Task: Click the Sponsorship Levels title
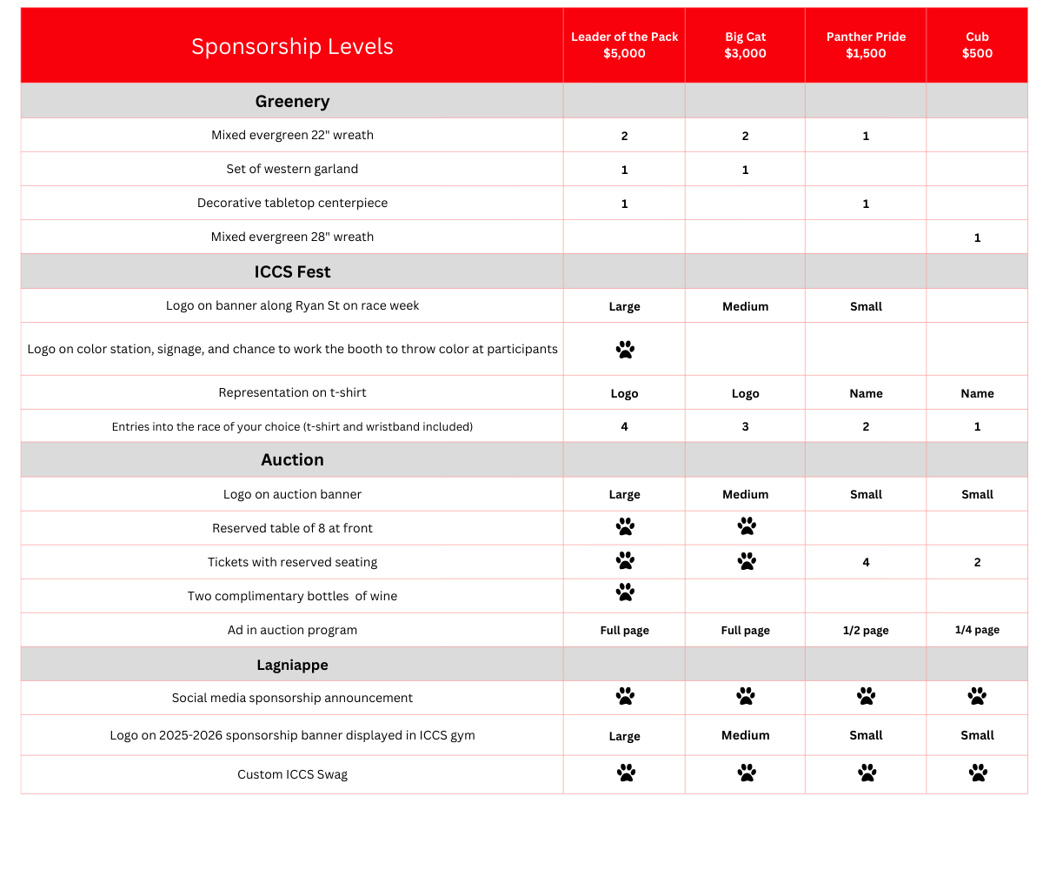292,46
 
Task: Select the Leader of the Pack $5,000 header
624,45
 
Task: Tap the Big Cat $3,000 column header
745,45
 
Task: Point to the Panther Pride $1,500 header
866,45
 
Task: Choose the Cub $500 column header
977,45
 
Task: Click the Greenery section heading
292,101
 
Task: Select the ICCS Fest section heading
292,271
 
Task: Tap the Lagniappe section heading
292,665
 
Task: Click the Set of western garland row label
292,169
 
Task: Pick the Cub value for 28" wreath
977,238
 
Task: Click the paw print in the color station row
625,350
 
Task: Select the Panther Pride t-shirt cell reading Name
866,393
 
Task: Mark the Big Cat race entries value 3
745,427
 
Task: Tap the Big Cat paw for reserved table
746,526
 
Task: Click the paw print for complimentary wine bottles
625,592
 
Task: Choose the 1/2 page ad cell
866,630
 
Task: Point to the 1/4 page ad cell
977,630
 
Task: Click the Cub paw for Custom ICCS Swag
978,773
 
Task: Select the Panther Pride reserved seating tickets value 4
866,563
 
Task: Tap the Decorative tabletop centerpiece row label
292,203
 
